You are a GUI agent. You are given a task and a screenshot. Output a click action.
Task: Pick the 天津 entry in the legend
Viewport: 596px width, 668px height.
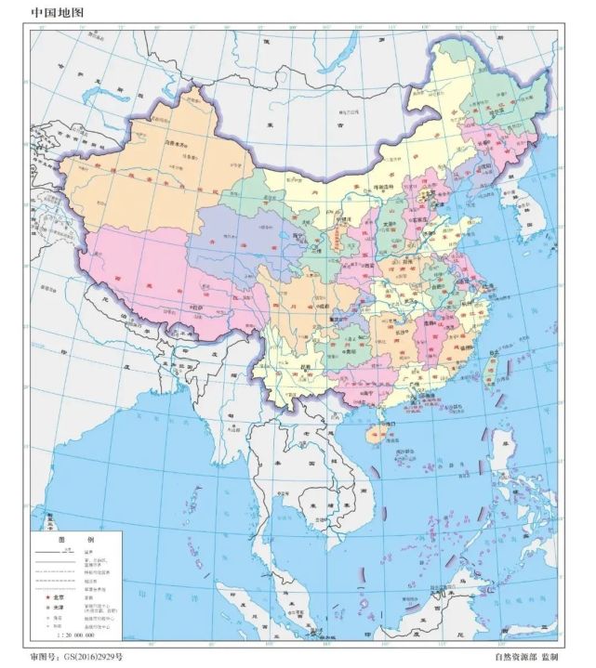pos(55,605)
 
